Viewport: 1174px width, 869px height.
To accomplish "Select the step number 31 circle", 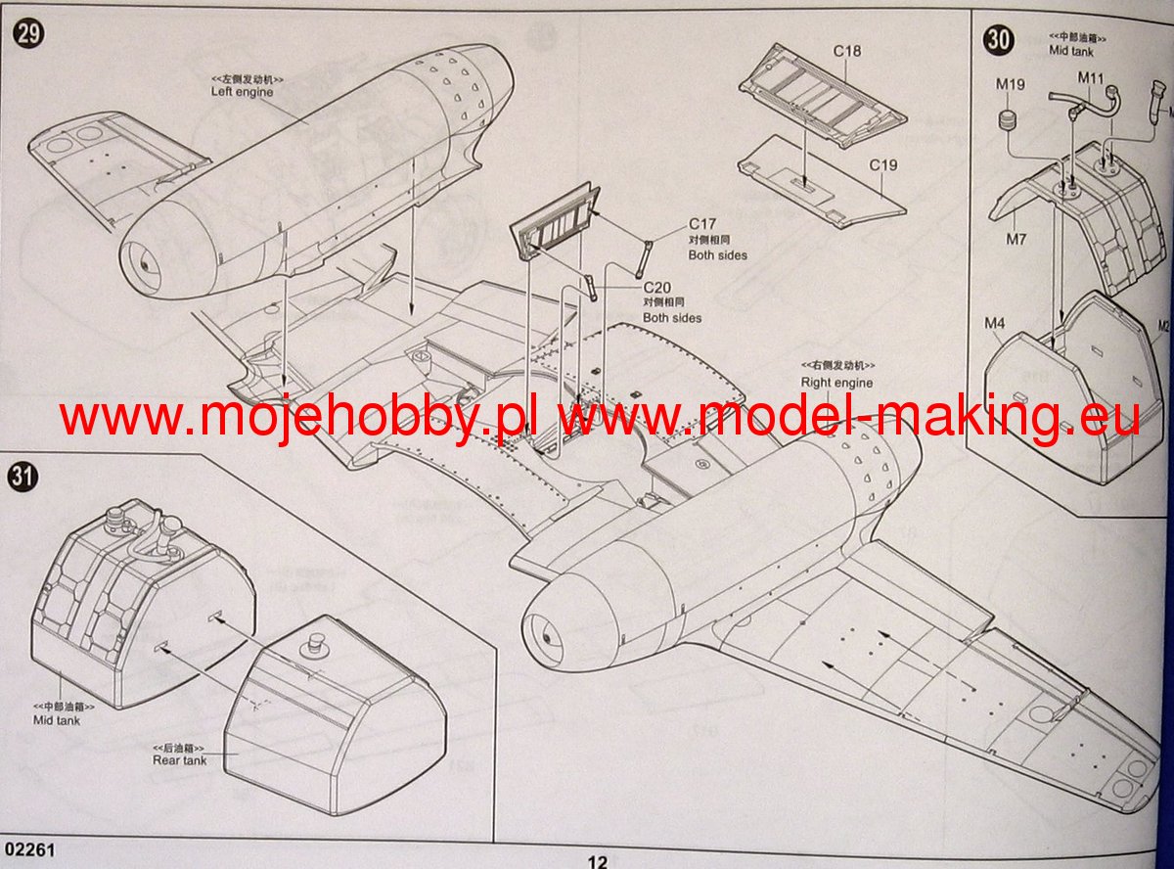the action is coord(23,477).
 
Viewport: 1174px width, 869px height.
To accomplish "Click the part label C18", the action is coord(847,51).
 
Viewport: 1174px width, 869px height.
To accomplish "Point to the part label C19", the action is coord(882,165).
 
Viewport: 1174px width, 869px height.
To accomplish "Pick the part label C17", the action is coord(702,224).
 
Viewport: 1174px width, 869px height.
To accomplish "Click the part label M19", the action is coord(1010,84).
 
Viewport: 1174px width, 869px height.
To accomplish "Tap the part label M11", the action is coord(1091,76).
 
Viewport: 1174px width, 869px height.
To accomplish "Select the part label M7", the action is coord(1016,240).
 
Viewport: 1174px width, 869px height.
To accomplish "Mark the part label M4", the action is coord(995,323).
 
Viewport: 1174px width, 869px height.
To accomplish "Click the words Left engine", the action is coord(242,92).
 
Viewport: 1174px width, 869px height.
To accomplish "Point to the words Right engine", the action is coord(836,382).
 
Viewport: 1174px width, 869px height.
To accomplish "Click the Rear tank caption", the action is coord(179,760).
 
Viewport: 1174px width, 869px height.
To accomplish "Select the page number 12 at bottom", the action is coord(597,861).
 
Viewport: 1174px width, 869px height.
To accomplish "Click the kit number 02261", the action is coord(28,851).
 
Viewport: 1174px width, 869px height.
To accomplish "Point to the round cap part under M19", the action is coord(1011,124).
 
